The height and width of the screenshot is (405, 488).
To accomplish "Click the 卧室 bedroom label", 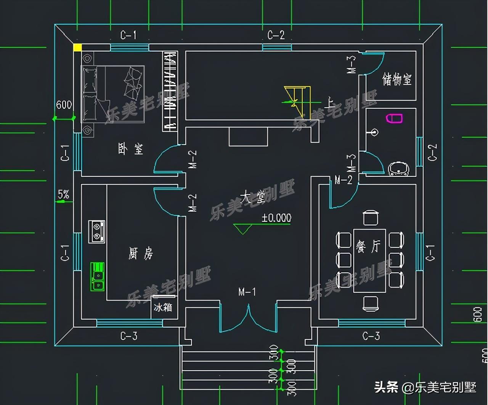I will point(130,149).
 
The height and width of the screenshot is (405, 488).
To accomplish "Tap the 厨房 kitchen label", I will point(141,253).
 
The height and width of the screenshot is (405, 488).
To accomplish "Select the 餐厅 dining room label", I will point(368,246).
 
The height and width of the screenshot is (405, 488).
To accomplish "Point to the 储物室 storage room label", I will point(397,80).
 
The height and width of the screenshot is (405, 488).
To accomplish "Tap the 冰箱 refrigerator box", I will point(163,307).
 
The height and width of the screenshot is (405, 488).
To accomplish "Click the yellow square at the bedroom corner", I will point(77,47).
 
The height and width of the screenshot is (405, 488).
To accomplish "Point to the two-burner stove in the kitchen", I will point(97,231).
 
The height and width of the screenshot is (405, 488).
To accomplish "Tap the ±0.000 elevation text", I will point(276,218).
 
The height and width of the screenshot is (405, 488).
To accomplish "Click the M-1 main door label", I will point(247,292).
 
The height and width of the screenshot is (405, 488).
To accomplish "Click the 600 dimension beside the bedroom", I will point(64,104).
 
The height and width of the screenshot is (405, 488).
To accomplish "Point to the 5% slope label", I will point(63,195).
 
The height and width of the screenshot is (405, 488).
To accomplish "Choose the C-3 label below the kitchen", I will point(129,336).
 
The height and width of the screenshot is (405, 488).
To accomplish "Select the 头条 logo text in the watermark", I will point(386,387).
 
